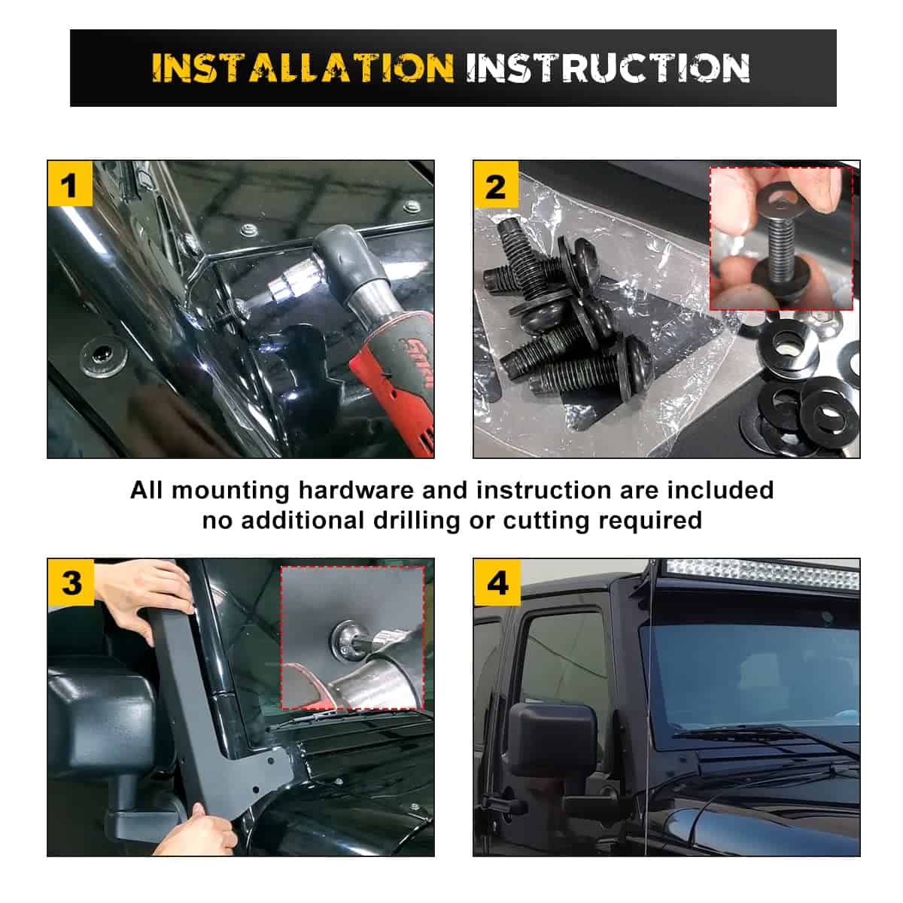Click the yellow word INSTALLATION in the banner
tap(303, 68)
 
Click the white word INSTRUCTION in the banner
tap(608, 68)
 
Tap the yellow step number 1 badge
tap(70, 184)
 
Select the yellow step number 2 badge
tap(496, 184)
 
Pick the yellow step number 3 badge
tap(71, 582)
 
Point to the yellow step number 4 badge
tap(497, 582)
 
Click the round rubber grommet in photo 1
tap(103, 357)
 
